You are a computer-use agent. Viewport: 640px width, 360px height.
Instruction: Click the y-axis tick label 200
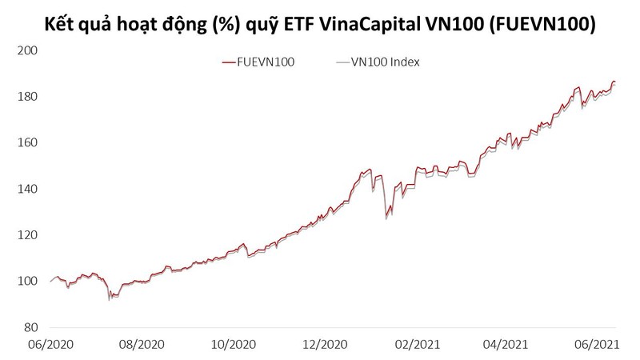click(x=29, y=50)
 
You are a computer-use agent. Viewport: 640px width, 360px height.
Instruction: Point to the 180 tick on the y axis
click(x=29, y=97)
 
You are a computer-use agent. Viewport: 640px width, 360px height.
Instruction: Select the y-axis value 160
click(x=29, y=143)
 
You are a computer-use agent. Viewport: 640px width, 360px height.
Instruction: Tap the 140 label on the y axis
click(x=29, y=190)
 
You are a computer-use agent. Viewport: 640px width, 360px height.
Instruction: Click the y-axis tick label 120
click(x=29, y=235)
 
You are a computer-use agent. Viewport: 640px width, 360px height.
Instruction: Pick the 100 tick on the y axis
click(x=29, y=282)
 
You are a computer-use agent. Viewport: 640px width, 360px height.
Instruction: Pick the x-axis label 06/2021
click(x=593, y=345)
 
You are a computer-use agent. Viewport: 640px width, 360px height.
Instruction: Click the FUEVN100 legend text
click(x=266, y=62)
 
